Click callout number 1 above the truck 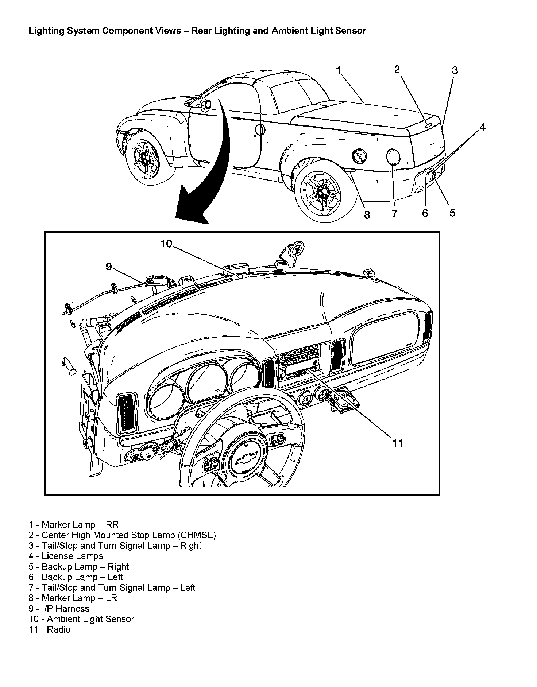pyautogui.click(x=339, y=70)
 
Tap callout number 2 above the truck pyautogui.click(x=397, y=69)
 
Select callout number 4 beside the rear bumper pyautogui.click(x=482, y=127)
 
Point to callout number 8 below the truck pyautogui.click(x=367, y=215)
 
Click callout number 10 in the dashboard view pyautogui.click(x=166, y=244)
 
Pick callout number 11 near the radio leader pyautogui.click(x=397, y=443)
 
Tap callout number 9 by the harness pyautogui.click(x=109, y=267)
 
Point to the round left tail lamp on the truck pyautogui.click(x=393, y=157)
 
